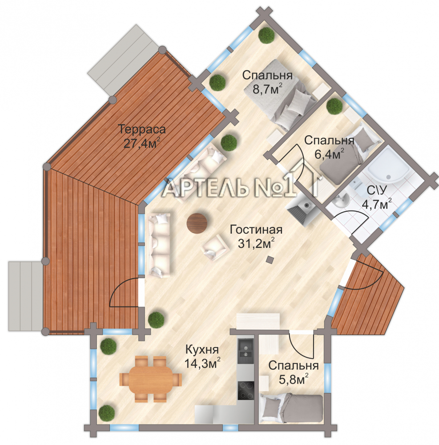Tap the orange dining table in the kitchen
151,379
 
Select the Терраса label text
141,129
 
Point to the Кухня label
202,350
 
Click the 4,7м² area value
377,204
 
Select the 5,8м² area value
294,380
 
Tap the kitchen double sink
246,349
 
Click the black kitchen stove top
246,391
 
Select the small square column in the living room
270,259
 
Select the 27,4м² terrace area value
141,143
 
